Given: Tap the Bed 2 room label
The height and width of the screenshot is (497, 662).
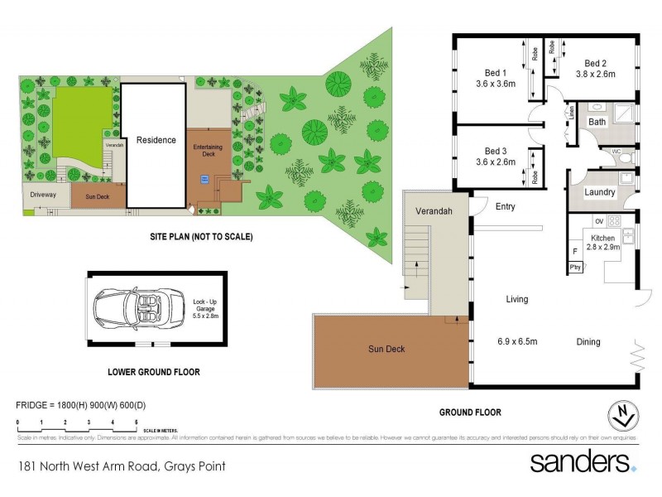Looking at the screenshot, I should tap(596, 63).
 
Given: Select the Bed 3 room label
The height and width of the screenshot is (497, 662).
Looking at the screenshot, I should tap(496, 151).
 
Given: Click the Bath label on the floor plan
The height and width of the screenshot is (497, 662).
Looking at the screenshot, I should tap(597, 123).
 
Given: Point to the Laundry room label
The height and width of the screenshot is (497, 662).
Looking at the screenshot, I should tap(599, 192).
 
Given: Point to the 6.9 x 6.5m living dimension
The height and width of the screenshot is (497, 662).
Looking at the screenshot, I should tap(517, 341).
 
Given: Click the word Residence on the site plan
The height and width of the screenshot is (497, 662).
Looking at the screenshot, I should tap(156, 140).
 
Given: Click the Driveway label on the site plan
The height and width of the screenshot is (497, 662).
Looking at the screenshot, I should tap(43, 195).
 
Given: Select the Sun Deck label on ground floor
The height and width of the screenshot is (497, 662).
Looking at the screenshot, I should tap(386, 349).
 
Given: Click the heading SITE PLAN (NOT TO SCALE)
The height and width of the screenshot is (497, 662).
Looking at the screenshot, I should tap(201, 237).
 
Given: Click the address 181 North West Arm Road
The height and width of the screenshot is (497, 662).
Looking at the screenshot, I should tap(122, 466).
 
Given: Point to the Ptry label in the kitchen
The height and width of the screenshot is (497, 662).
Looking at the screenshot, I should tap(575, 267).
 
